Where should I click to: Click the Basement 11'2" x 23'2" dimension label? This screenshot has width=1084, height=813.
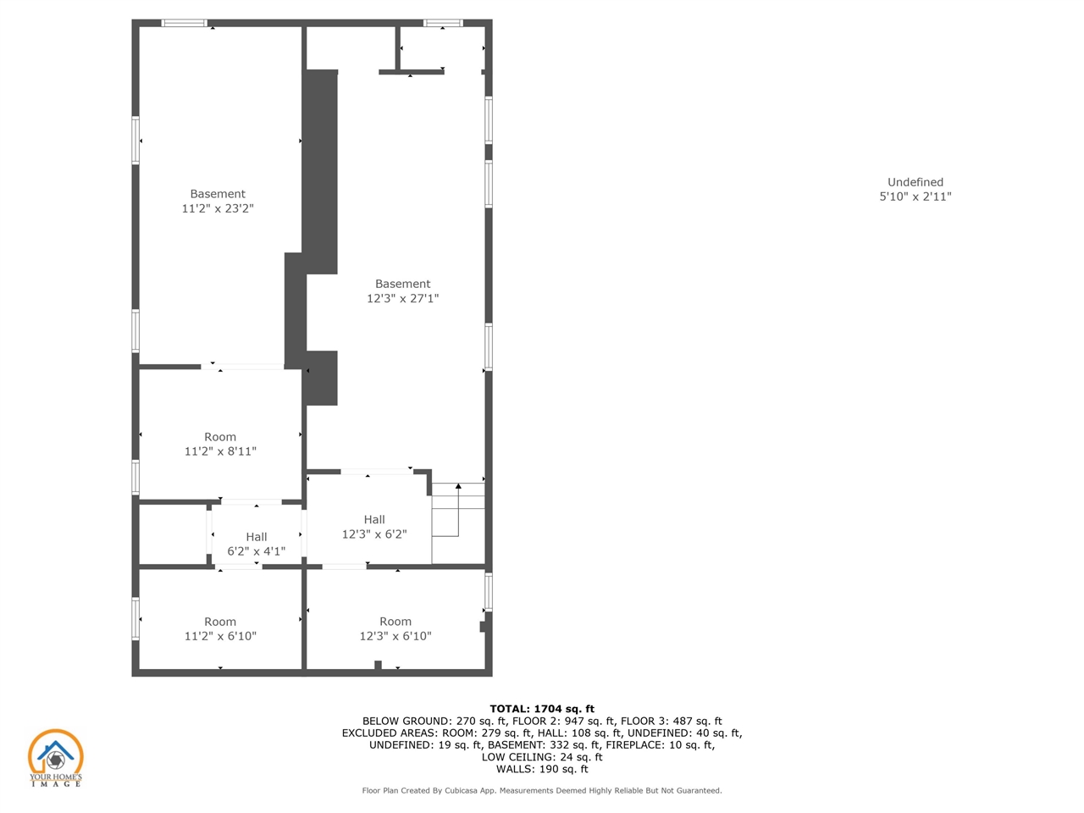[x=218, y=201]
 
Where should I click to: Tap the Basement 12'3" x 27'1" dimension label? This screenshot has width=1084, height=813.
[x=402, y=290]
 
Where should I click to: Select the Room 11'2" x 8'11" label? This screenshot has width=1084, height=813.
[x=220, y=444]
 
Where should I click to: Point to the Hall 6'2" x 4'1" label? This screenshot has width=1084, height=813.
[x=257, y=544]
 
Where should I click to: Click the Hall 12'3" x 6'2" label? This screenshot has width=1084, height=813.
[x=374, y=527]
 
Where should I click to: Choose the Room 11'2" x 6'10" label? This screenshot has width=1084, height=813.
[x=220, y=628]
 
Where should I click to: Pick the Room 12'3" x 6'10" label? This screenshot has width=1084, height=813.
[x=395, y=628]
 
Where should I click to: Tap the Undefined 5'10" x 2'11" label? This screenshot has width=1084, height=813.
[x=915, y=190]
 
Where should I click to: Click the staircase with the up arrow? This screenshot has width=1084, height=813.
[x=458, y=523]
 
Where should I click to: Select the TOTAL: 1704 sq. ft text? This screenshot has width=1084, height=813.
[x=542, y=709]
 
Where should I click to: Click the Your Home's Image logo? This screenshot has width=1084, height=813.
[x=55, y=758]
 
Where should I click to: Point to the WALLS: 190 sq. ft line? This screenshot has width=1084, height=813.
[x=542, y=769]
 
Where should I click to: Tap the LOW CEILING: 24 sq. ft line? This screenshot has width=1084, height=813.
[x=542, y=757]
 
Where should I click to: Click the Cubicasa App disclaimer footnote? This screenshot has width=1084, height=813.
[x=542, y=791]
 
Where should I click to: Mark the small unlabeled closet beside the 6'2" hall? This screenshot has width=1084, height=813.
[x=173, y=534]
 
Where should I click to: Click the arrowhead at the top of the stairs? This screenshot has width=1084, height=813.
[x=458, y=486]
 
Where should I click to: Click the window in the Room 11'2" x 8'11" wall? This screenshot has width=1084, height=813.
[x=135, y=477]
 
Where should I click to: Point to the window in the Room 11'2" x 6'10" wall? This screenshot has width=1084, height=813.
[x=135, y=618]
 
